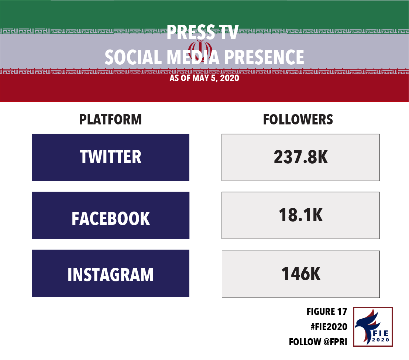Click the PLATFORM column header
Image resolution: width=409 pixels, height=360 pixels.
pos(110,120)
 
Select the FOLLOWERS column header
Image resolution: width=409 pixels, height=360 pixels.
pos(298,120)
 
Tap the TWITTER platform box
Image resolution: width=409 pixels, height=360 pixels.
pos(111,158)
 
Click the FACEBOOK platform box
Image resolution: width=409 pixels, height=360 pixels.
pos(111,216)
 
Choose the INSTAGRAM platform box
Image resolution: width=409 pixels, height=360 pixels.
pos(111,273)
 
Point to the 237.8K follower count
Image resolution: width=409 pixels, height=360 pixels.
pos(301,157)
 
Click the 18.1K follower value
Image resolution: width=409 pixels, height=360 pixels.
pos(301,215)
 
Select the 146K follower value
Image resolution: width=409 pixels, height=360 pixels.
pos(301,274)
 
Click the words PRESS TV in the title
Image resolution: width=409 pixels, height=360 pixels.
pos(203,32)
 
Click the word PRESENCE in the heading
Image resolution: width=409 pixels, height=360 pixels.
pos(264,57)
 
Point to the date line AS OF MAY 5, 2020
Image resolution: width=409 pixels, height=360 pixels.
pos(204,78)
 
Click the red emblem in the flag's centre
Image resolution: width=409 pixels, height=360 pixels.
pos(200,49)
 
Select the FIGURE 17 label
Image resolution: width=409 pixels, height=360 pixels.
pos(327,312)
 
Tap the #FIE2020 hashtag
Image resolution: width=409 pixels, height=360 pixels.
pos(329,327)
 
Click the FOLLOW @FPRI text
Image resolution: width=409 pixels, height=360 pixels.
pos(318,342)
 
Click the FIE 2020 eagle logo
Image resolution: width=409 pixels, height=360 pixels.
pos(373,327)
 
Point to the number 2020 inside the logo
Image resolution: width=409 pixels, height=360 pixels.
pos(381,340)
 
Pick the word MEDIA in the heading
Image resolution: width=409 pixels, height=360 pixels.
pos(193,57)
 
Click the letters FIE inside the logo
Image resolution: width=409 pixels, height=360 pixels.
pos(381,333)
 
